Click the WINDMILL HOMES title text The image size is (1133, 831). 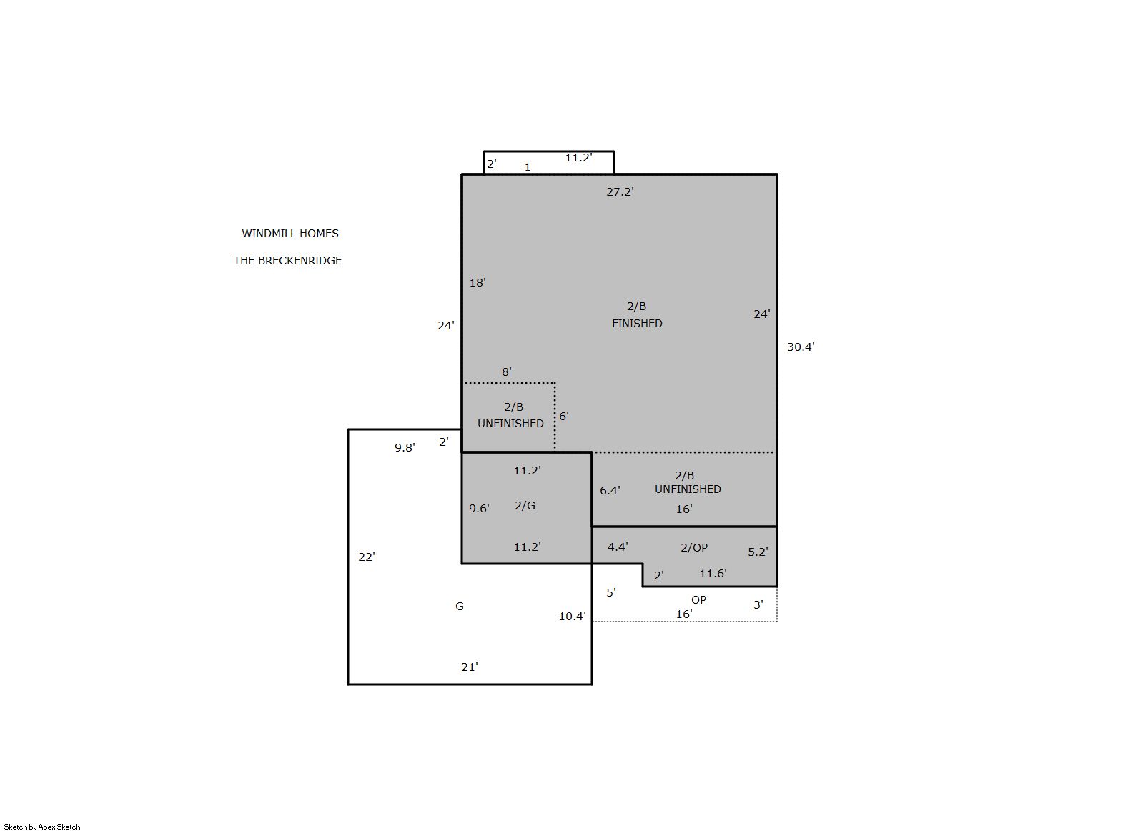coord(290,234)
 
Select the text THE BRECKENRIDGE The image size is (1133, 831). coord(287,261)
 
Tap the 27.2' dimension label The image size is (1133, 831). coord(620,191)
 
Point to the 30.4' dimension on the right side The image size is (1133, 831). coord(801,347)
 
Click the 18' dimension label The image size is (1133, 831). coord(478,282)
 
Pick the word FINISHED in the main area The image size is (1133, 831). coord(637,324)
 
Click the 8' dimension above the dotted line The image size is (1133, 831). coord(507,372)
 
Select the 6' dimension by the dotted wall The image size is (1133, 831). coord(564,416)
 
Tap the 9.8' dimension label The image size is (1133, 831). coord(405,448)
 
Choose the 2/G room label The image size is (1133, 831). coord(525,505)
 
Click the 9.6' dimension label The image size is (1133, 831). coord(479,509)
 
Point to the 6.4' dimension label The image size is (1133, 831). coord(610,490)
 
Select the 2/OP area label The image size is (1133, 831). coord(694,547)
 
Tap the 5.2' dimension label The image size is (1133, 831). coord(758,552)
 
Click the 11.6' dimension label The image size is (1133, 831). coord(713,573)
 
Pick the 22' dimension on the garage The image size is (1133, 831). coord(367,557)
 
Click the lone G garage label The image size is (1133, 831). coord(459,606)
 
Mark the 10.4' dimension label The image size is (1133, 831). coord(572,616)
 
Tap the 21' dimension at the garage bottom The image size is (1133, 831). coord(470,667)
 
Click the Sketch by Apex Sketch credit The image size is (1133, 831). coord(42,827)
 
